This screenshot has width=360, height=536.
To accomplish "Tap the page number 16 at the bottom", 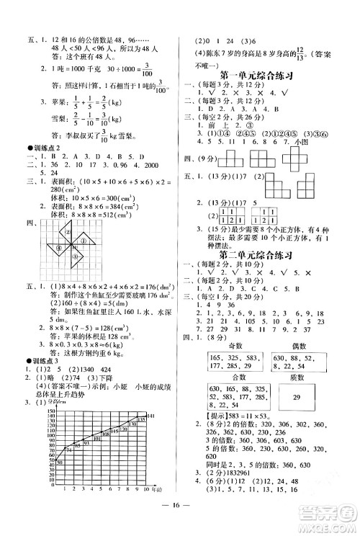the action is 179,516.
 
